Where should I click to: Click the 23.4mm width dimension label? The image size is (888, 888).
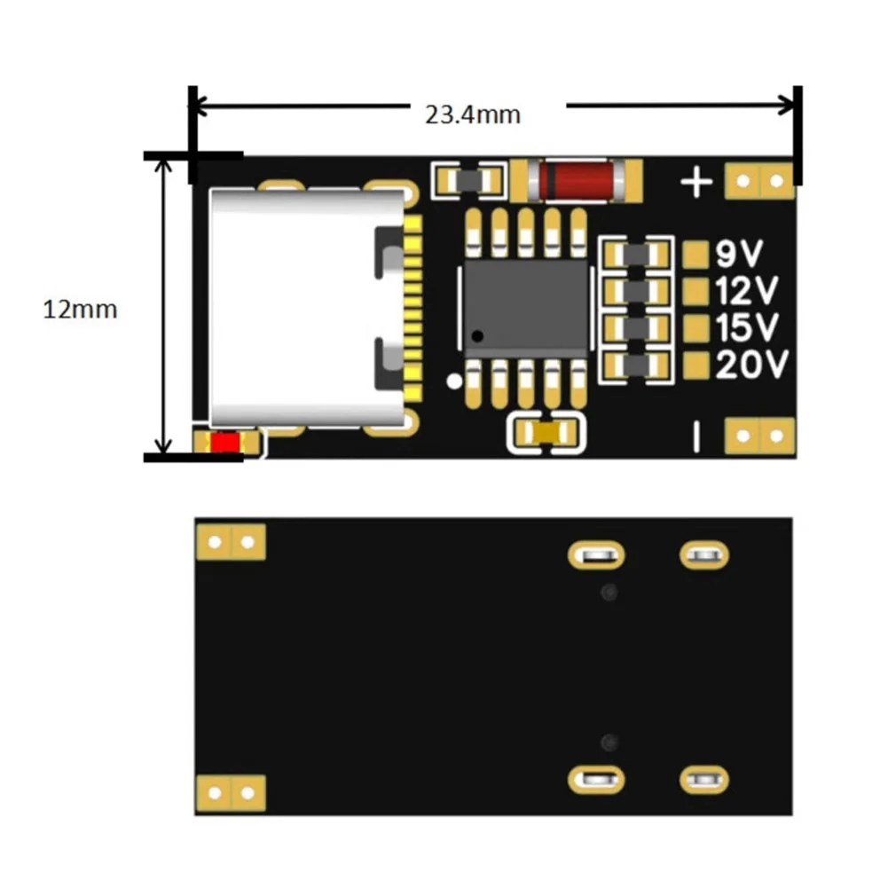472,114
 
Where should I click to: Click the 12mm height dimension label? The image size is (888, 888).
80,310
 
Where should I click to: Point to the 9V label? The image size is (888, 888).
738,256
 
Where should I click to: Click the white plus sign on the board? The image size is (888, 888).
696,183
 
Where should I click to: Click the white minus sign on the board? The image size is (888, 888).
696,436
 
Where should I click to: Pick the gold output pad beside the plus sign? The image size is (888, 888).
759,182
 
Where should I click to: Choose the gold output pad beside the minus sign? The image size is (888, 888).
759,436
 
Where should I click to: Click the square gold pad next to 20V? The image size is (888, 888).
697,365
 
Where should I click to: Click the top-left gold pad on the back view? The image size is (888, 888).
231,541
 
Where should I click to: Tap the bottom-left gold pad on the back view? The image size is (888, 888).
231,792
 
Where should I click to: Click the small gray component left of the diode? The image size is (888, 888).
468,181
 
